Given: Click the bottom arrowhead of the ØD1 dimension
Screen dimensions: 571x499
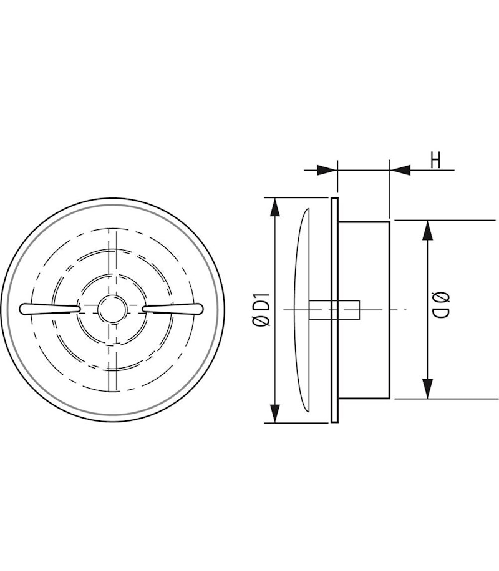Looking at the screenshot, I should pos(274,413).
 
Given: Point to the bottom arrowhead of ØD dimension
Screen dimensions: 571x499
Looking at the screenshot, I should pos(427,389).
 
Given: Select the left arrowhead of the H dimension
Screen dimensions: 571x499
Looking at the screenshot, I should pos(326,169).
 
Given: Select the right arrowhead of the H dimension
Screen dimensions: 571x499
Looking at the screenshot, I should pos(401,169).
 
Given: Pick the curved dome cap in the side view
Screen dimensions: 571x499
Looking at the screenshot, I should pos(304,309).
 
